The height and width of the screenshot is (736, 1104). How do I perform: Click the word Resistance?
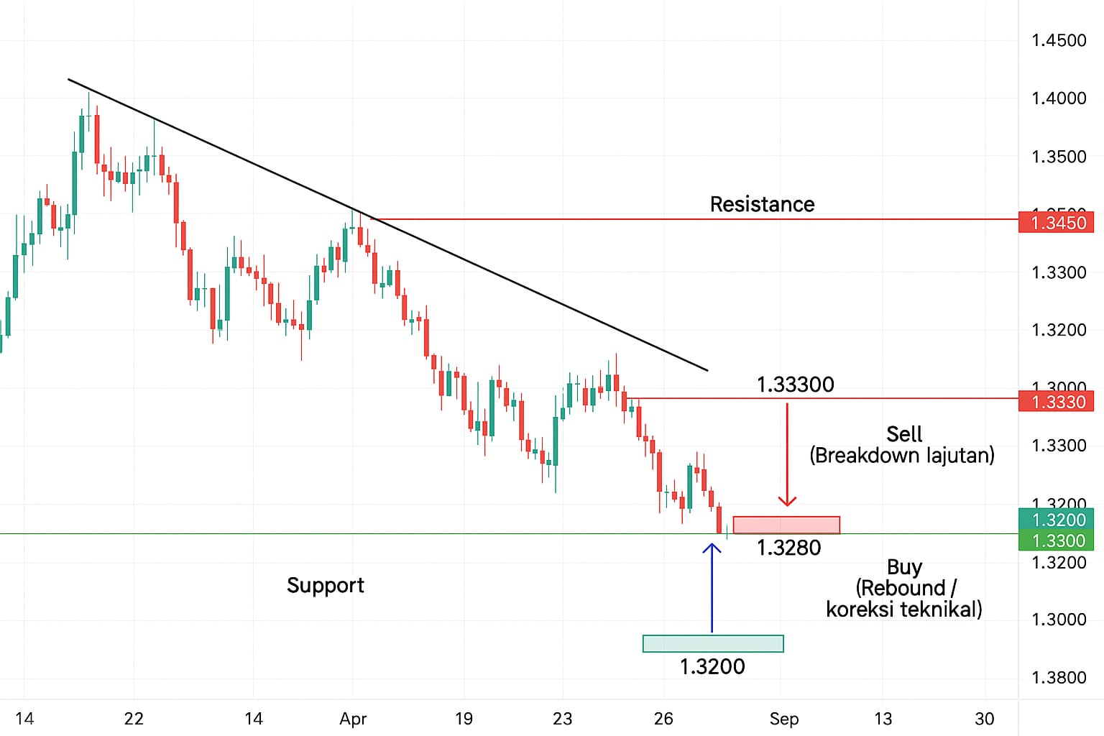pos(762,204)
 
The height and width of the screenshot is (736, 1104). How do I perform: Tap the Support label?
pos(325,585)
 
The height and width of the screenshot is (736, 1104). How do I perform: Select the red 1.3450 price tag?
pos(1056,222)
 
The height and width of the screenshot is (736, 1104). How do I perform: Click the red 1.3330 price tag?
pos(1056,401)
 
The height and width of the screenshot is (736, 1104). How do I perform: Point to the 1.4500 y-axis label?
pos(1058,40)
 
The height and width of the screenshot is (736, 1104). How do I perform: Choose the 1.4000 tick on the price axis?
pos(1058,98)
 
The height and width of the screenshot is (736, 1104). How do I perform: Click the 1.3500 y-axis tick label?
pos(1058,157)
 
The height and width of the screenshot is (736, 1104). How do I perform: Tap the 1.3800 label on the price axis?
pos(1058,678)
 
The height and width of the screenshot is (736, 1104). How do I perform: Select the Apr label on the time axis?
pos(353,719)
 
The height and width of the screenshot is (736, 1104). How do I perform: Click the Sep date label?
pos(783,719)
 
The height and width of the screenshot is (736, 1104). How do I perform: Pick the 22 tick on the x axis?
pos(134,719)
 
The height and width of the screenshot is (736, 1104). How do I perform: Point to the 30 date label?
pos(984,719)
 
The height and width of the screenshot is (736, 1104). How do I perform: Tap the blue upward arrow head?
pos(712,548)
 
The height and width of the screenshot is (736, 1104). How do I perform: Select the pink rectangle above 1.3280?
pos(786,525)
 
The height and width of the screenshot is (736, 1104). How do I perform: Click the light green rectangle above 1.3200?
pos(713,643)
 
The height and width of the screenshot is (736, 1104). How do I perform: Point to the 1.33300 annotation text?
pos(795,385)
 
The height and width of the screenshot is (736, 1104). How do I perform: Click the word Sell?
pos(903,434)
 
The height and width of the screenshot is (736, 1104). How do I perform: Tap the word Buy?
pos(903,567)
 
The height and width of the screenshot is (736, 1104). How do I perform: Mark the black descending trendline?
pos(388,225)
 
